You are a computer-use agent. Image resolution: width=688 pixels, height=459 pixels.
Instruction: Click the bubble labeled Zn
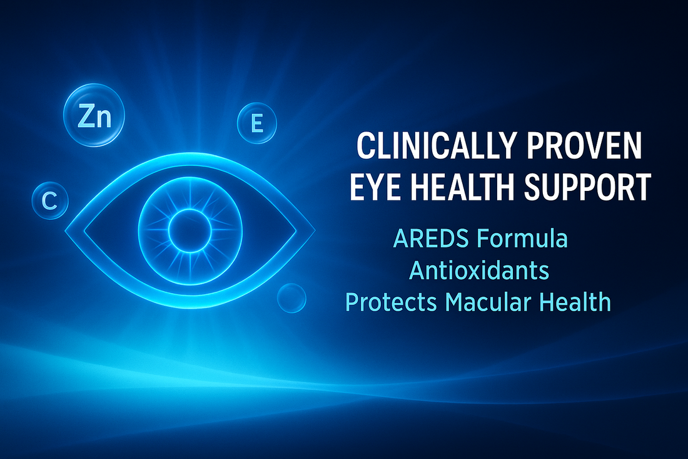95,116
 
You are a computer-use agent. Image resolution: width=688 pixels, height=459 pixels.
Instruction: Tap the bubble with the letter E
256,123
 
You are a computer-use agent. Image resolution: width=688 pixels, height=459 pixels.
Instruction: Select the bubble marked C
49,200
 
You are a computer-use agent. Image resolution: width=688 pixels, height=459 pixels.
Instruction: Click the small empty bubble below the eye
291,297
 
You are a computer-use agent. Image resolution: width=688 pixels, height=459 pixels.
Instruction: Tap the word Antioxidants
479,271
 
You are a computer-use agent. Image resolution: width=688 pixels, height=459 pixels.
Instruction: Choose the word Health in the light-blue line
579,302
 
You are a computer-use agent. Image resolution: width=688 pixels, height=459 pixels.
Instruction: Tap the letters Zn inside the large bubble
95,116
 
